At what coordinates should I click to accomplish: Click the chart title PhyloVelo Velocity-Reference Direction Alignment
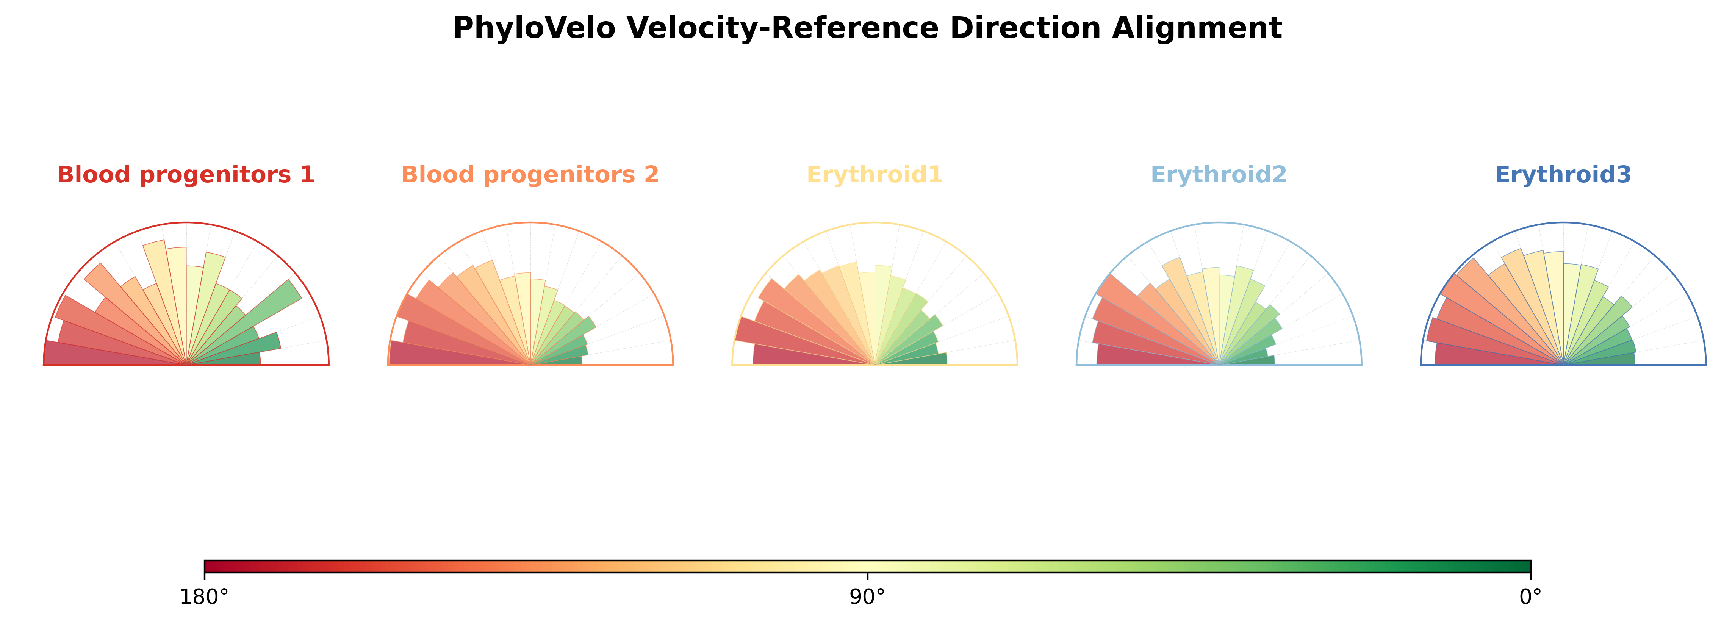[x=867, y=28]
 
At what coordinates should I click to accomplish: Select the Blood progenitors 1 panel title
[x=186, y=174]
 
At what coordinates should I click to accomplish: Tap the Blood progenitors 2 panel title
[x=530, y=174]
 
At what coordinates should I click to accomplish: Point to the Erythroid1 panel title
[x=874, y=174]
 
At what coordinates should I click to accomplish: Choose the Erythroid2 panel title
[x=1219, y=174]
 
